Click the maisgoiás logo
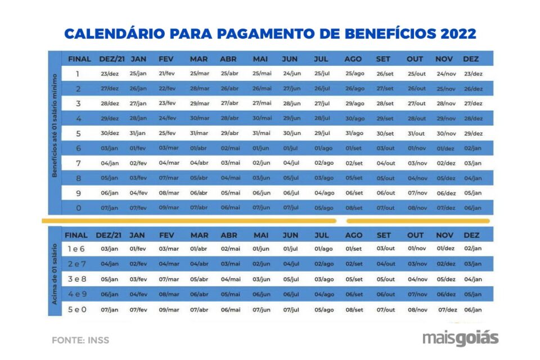tap(460, 338)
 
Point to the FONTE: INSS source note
tap(80, 340)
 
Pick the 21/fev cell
tap(167, 74)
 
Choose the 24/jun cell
tap(292, 74)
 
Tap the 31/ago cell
tap(354, 133)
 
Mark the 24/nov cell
tap(446, 74)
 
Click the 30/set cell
tap(385, 133)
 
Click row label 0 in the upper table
tap(78, 208)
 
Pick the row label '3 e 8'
tap(77, 279)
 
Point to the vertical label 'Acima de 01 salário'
tap(55, 274)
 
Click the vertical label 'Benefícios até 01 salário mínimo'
tap(55, 133)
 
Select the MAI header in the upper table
tap(260, 59)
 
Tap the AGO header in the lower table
tap(353, 235)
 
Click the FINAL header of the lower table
tap(76, 235)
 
